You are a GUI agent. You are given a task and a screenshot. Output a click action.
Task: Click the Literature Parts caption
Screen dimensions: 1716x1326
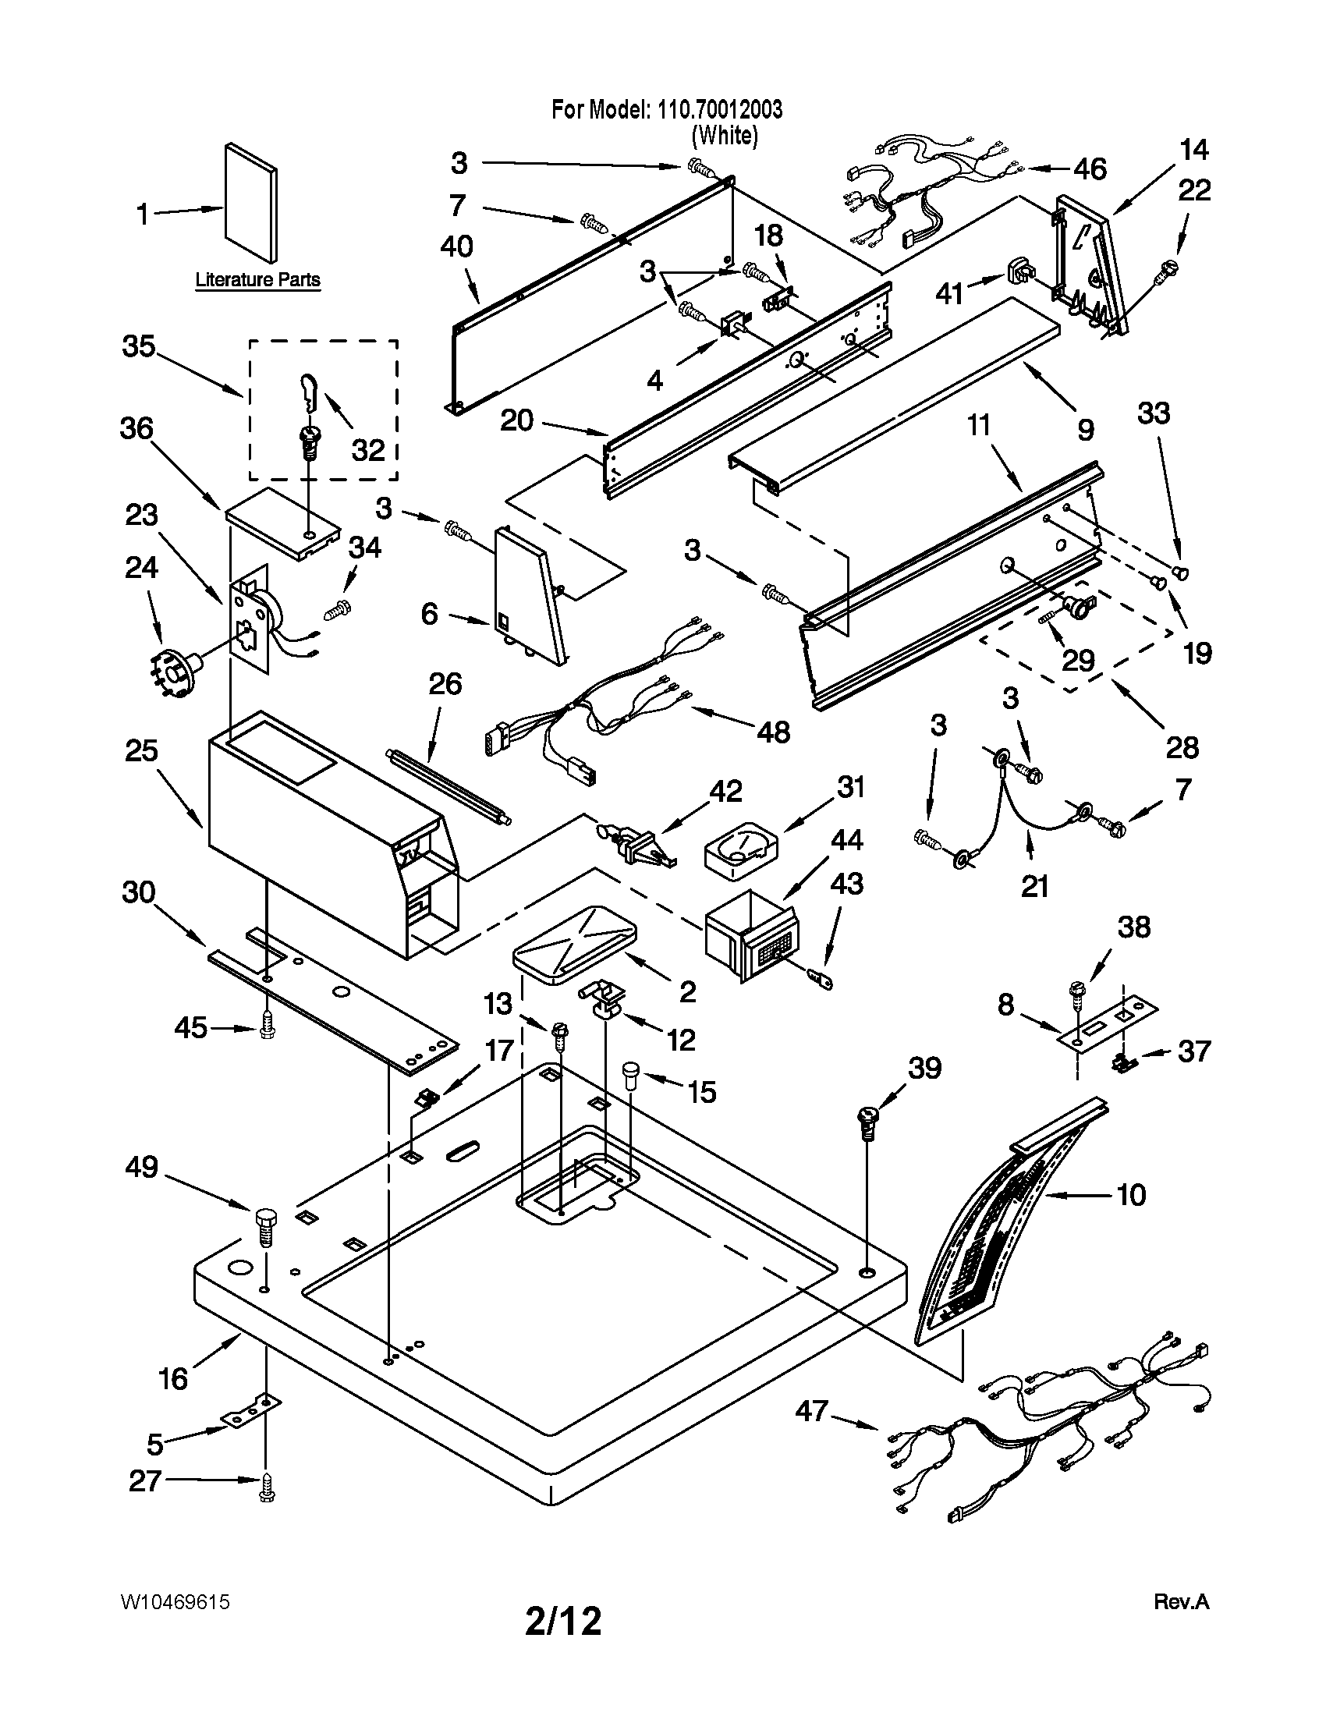click(x=257, y=280)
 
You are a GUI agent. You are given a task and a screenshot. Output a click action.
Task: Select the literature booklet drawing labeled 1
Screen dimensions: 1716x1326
click(x=250, y=204)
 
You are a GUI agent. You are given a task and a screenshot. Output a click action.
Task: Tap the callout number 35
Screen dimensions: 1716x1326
click(x=139, y=346)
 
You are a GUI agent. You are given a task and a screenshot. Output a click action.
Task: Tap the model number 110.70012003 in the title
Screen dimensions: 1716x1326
click(x=716, y=110)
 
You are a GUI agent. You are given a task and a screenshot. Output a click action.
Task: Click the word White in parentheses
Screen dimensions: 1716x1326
click(x=725, y=136)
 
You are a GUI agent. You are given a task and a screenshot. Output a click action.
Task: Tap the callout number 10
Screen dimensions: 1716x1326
click(x=1131, y=1195)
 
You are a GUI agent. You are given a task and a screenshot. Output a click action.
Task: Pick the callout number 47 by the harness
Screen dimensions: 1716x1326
click(x=812, y=1411)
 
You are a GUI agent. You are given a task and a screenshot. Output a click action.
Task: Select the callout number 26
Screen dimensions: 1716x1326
click(x=445, y=683)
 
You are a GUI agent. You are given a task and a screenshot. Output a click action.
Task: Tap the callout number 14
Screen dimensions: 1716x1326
click(x=1194, y=149)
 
